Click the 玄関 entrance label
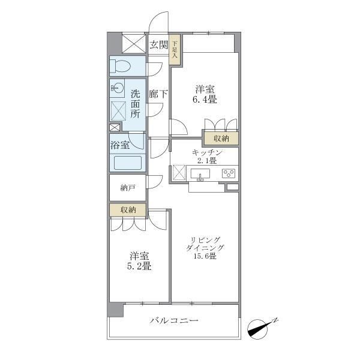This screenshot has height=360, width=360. [x=158, y=45]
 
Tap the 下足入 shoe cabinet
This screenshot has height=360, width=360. [x=175, y=50]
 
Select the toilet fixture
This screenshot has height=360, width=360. [x=121, y=66]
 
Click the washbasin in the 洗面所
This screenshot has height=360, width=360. [x=118, y=88]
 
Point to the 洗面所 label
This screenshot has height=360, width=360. [x=135, y=104]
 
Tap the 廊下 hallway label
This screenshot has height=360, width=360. [x=158, y=94]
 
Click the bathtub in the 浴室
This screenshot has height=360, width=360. [x=128, y=163]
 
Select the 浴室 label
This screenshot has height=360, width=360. [x=120, y=145]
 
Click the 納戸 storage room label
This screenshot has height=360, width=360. [x=128, y=188]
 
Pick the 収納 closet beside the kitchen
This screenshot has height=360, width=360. [x=221, y=139]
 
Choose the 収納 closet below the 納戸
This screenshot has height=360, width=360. [x=128, y=209]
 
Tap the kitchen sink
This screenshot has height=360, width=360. [x=200, y=174]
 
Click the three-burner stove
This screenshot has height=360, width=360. [x=229, y=173]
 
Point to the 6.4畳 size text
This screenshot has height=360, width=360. [x=205, y=100]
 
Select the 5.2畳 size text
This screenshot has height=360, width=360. [x=139, y=266]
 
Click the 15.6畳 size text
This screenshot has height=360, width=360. [x=205, y=256]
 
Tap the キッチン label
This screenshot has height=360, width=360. [x=208, y=152]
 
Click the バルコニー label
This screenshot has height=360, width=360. [x=174, y=320]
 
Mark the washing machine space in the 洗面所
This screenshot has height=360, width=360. [x=118, y=111]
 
